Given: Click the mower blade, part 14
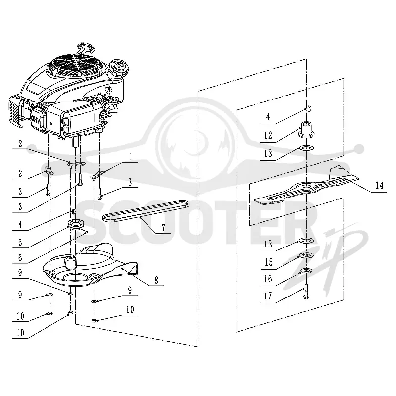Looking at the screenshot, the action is (306, 187).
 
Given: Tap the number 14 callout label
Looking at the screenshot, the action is (379, 186).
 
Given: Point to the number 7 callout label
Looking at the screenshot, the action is (163, 228).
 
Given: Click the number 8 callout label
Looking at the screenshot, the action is (156, 280).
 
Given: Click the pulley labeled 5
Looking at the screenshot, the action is (75, 225).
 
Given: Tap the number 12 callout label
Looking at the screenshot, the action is (268, 135).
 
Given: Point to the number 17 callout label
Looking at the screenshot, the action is (268, 296).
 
